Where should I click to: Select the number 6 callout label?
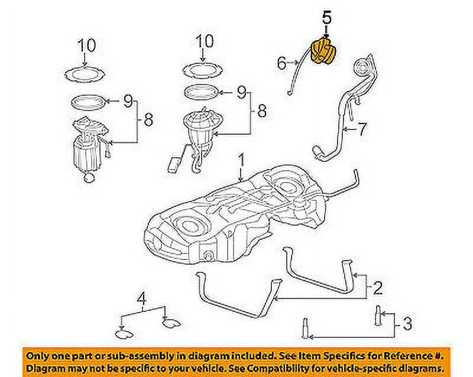tap(281, 61)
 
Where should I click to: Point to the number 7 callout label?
tap(363, 126)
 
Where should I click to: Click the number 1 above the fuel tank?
tap(241, 160)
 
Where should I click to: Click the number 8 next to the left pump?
tap(148, 120)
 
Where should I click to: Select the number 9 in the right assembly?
tap(241, 92)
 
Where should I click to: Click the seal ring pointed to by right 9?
tap(203, 92)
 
